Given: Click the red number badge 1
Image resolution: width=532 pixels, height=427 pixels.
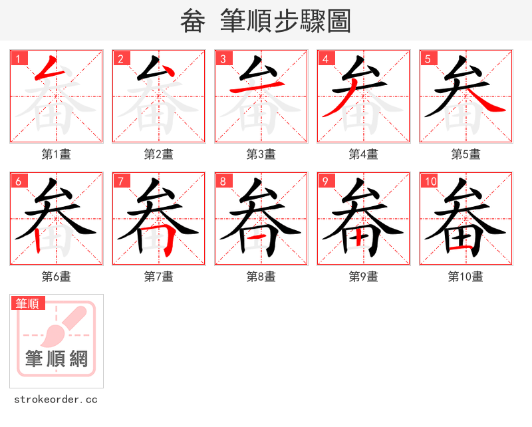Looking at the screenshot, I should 19,59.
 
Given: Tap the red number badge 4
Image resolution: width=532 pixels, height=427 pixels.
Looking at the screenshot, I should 326,59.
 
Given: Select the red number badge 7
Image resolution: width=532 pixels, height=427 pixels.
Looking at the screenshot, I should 121,181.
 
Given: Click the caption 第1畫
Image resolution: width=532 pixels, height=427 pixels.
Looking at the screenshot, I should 57,154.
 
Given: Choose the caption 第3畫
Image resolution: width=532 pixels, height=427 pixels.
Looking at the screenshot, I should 261,154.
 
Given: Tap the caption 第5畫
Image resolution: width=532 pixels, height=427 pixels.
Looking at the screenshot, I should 466,154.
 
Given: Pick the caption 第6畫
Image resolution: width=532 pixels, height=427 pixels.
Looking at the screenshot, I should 57,277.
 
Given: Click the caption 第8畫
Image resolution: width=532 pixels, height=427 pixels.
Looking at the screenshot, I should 261,277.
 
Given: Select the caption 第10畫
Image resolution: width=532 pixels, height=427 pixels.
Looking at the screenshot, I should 466,277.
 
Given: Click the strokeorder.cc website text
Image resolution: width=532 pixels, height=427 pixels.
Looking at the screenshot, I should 56,400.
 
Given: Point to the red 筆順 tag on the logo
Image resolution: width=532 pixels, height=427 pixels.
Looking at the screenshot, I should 28,303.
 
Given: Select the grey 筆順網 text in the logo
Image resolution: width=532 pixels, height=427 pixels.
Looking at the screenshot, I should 57,359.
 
